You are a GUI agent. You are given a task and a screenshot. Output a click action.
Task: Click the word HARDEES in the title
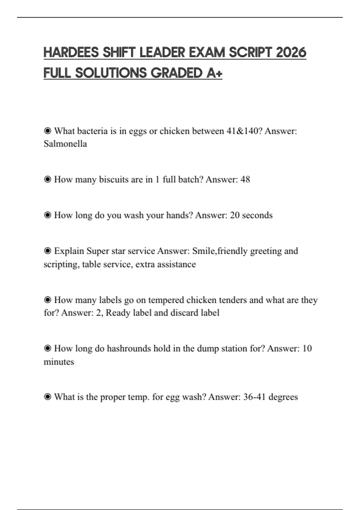[71, 52]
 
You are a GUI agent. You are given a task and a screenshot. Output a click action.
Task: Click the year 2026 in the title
[291, 52]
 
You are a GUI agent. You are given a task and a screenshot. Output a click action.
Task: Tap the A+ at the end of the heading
[214, 73]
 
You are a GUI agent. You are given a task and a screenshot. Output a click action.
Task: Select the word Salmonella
[65, 144]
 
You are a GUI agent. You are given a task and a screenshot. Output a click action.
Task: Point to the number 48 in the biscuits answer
[245, 179]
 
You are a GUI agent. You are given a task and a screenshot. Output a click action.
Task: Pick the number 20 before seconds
[235, 215]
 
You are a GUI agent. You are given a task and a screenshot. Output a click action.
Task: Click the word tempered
[166, 300]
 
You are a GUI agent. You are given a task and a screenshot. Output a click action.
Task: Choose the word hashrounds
[129, 349]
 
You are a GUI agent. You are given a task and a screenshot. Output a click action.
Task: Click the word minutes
[59, 362]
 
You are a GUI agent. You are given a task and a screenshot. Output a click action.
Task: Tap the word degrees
[283, 397]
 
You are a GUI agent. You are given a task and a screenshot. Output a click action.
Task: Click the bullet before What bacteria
[47, 131]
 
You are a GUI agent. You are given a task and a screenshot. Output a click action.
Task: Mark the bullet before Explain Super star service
[47, 251]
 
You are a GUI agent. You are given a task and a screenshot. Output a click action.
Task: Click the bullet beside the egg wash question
[47, 397]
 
